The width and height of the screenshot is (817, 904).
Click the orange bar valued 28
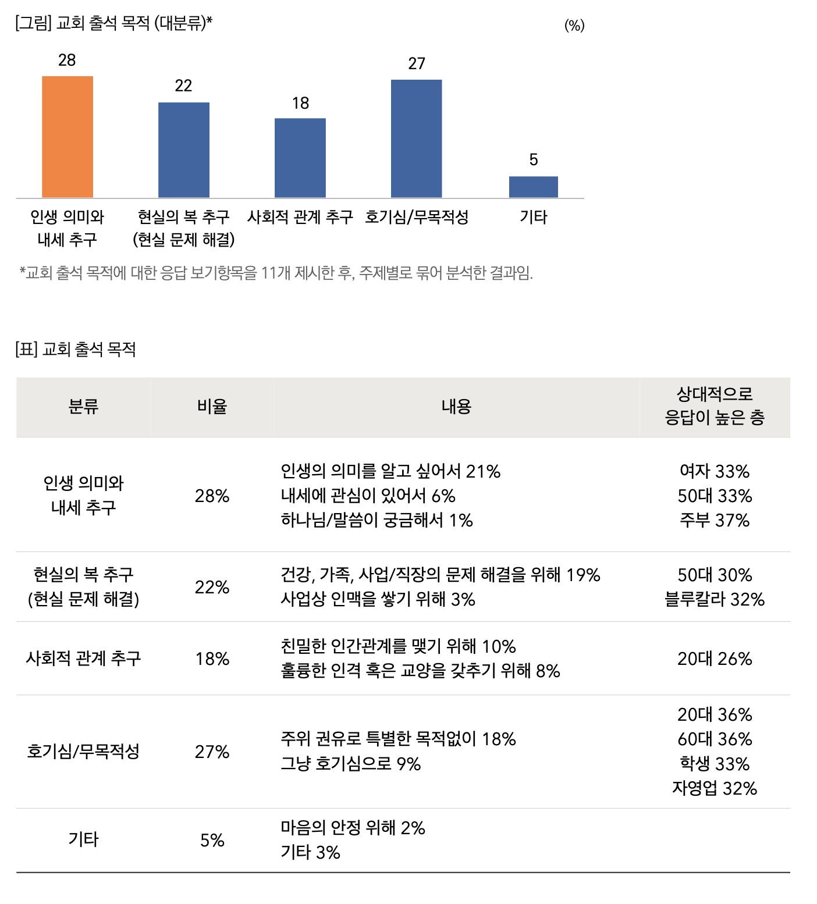(x=68, y=137)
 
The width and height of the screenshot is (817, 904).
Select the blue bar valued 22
(x=184, y=150)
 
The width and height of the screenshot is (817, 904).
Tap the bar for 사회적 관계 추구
(x=300, y=158)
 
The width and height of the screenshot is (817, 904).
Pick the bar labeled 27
(x=417, y=138)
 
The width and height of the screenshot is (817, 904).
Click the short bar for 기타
(x=534, y=187)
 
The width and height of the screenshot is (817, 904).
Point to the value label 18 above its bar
(x=300, y=104)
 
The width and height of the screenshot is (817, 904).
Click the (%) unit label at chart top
(x=574, y=26)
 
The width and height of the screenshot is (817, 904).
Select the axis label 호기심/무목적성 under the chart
(x=417, y=218)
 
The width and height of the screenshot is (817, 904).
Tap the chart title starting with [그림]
(x=114, y=23)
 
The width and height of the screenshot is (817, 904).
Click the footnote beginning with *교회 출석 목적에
(x=276, y=273)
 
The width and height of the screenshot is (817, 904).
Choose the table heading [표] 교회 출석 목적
(x=76, y=350)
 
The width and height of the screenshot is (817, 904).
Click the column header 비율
(x=212, y=407)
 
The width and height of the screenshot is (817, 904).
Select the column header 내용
(x=456, y=407)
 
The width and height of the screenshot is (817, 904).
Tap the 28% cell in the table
(x=212, y=496)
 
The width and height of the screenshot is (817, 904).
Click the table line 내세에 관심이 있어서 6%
(x=368, y=496)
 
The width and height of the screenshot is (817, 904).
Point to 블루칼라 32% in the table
(x=715, y=600)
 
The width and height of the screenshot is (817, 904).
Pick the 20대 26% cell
(x=715, y=659)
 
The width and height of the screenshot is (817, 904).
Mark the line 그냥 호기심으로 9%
(x=350, y=764)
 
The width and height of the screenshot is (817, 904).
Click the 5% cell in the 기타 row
(x=212, y=841)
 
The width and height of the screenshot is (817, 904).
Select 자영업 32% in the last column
(x=715, y=789)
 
